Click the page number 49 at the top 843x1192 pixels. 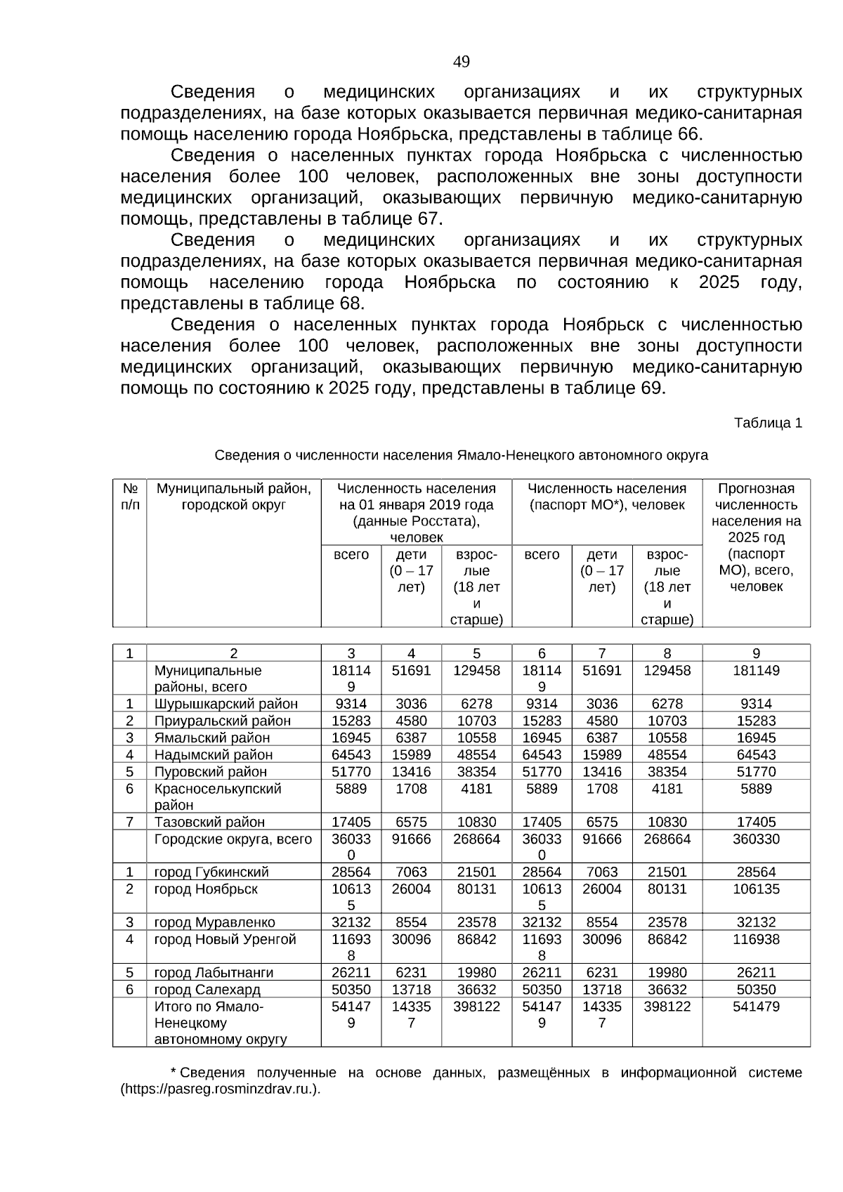pyautogui.click(x=461, y=63)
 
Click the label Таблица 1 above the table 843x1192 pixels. pyautogui.click(x=767, y=423)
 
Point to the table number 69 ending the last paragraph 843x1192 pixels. pyautogui.click(x=651, y=388)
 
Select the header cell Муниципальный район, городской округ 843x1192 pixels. pyautogui.click(x=233, y=497)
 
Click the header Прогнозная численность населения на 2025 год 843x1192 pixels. pyautogui.click(x=756, y=537)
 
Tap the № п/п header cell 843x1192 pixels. pyautogui.click(x=129, y=497)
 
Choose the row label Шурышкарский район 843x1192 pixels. pyautogui.click(x=226, y=704)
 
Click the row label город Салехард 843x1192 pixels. pyautogui.click(x=207, y=990)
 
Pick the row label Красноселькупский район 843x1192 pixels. pyautogui.click(x=217, y=797)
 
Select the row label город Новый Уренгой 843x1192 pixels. pyautogui.click(x=225, y=939)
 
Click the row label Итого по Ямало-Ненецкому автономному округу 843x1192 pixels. pyautogui.click(x=220, y=1023)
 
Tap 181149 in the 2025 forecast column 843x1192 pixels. pyautogui.click(x=756, y=670)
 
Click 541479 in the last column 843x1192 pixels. pyautogui.click(x=756, y=1007)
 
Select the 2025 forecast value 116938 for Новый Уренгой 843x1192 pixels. pyautogui.click(x=756, y=939)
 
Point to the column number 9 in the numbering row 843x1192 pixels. pyautogui.click(x=756, y=653)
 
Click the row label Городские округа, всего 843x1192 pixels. pyautogui.click(x=233, y=839)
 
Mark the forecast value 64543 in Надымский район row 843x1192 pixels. pyautogui.click(x=756, y=754)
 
